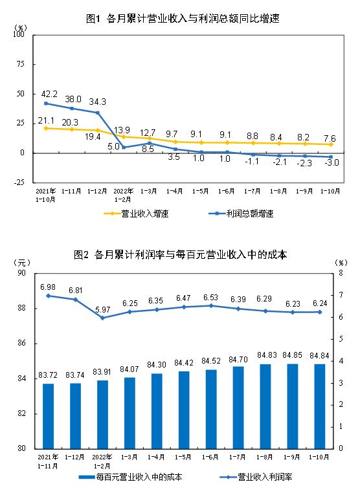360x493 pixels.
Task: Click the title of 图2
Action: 181,255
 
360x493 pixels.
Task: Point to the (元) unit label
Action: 22,263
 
